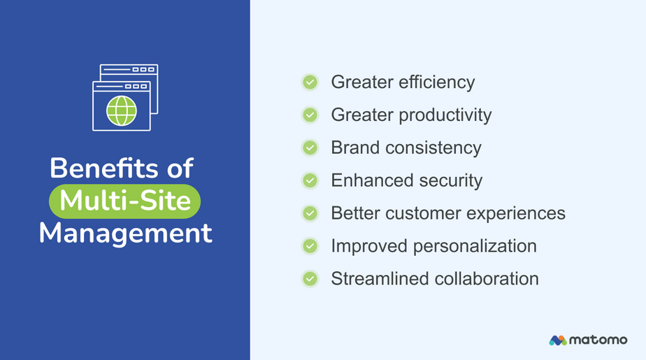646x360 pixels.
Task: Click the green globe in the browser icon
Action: pos(122,110)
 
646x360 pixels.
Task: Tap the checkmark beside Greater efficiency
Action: pos(310,82)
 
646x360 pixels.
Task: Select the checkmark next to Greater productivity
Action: pos(310,115)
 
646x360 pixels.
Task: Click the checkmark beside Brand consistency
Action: pos(310,147)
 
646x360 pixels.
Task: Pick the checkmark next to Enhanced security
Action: pos(310,180)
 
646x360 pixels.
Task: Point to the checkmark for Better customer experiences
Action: pos(310,213)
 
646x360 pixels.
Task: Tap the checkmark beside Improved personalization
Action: pos(310,246)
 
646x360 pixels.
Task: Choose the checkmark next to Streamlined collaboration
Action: pos(310,279)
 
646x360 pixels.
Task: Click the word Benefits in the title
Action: pos(103,168)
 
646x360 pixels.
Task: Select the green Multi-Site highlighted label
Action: pos(125,201)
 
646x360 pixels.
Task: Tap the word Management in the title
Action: pos(126,233)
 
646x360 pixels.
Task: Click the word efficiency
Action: pos(437,82)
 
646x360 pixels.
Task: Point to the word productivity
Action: pos(445,115)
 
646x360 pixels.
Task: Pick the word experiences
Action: pos(516,214)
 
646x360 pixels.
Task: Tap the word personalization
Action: pos(475,246)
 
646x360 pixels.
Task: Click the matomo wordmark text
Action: pos(598,340)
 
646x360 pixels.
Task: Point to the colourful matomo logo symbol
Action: pos(558,340)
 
